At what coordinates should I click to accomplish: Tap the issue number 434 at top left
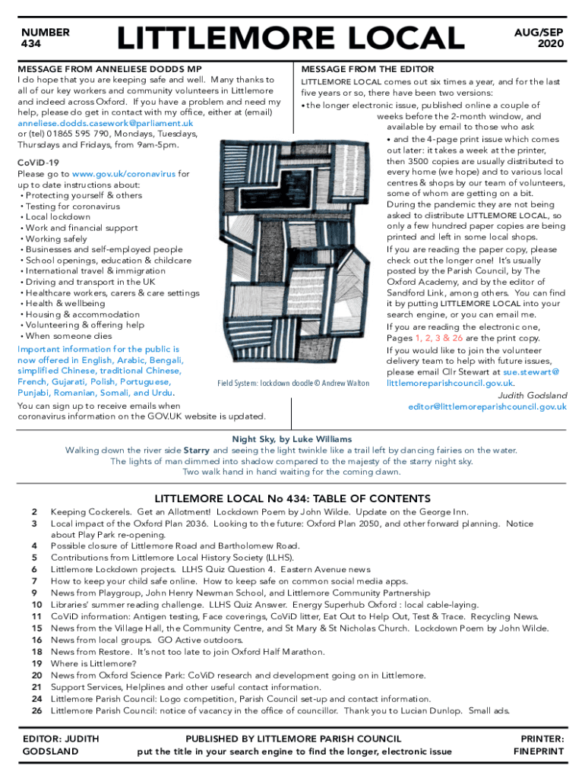click(32, 45)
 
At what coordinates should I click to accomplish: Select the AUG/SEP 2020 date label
click(539, 39)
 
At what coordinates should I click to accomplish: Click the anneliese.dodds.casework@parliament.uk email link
click(105, 123)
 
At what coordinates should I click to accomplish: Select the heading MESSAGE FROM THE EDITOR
click(368, 69)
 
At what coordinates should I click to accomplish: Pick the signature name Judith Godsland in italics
click(532, 395)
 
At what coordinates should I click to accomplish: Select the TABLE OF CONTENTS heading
click(292, 499)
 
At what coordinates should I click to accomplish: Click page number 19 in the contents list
click(36, 663)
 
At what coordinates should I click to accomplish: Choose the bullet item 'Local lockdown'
click(58, 217)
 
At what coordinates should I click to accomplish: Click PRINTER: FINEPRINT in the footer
click(539, 745)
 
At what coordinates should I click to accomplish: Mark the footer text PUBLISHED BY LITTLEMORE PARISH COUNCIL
click(292, 738)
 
